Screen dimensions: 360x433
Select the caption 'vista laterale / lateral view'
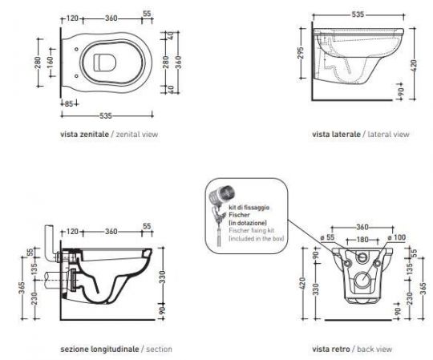[x=361, y=135]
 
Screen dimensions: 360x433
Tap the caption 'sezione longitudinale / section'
[x=115, y=350]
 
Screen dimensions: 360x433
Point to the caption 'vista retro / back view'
[x=352, y=350]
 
